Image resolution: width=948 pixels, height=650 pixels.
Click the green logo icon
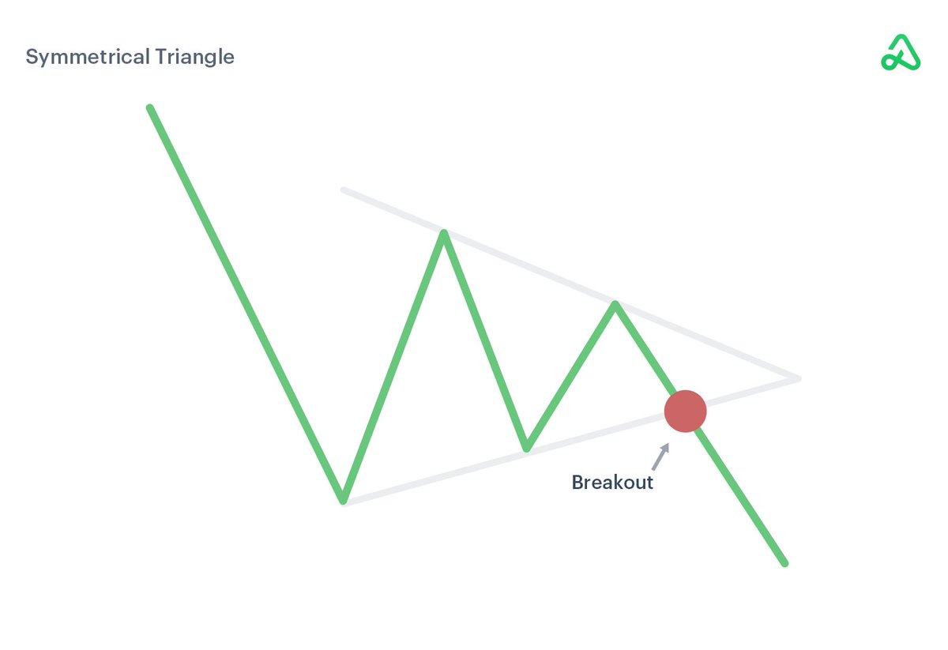(901, 53)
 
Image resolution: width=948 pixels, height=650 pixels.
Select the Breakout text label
(612, 483)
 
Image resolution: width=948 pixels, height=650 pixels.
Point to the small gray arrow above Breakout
(660, 457)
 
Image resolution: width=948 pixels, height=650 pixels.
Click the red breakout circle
(685, 411)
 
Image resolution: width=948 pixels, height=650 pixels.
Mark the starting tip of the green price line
(150, 108)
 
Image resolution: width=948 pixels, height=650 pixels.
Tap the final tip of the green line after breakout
(784, 563)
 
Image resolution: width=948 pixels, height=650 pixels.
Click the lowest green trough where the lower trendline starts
(343, 499)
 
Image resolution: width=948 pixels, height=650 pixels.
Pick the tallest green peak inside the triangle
(445, 233)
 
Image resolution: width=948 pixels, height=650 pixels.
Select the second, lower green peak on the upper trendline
(615, 304)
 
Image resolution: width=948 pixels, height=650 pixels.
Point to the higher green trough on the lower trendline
(526, 449)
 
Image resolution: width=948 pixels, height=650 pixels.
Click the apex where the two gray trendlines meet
(798, 379)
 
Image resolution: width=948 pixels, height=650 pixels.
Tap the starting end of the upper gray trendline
(344, 190)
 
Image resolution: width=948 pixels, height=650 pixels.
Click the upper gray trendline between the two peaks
(529, 269)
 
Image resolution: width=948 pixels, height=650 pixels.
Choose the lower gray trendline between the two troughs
(434, 475)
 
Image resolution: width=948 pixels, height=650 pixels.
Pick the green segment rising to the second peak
(570, 376)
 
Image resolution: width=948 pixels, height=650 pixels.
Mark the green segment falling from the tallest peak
(485, 340)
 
